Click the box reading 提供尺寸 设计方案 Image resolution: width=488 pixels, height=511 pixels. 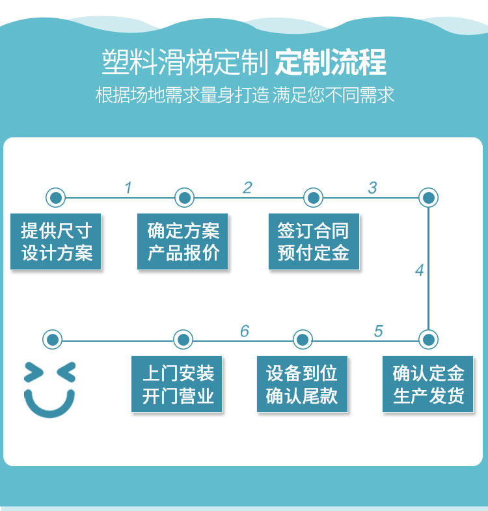[x=56, y=242]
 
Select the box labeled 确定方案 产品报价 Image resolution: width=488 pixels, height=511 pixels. [x=182, y=242]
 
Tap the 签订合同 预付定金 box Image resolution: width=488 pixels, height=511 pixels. [x=314, y=242]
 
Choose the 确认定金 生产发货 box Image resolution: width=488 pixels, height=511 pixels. [x=427, y=384]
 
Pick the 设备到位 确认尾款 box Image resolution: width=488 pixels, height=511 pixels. [x=303, y=384]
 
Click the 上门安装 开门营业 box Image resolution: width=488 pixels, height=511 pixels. [x=176, y=384]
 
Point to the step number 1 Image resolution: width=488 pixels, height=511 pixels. [x=128, y=187]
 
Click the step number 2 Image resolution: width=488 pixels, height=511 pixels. [x=248, y=187]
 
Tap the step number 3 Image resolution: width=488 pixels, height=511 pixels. [x=373, y=187]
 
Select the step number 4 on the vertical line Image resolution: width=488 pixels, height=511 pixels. [x=420, y=270]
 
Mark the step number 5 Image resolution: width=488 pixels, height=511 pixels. [x=379, y=331]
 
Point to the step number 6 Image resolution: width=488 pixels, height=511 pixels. [x=245, y=331]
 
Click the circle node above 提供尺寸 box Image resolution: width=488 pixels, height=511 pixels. [x=56, y=197]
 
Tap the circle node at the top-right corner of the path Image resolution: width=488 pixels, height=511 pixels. [x=428, y=197]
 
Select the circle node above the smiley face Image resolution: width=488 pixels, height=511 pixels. [x=53, y=340]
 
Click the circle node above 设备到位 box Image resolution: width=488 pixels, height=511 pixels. [x=303, y=340]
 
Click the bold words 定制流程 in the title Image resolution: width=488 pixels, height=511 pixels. [x=331, y=62]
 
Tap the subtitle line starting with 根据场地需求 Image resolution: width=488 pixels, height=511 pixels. [x=245, y=95]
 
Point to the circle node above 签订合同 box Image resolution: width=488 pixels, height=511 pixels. [x=314, y=197]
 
